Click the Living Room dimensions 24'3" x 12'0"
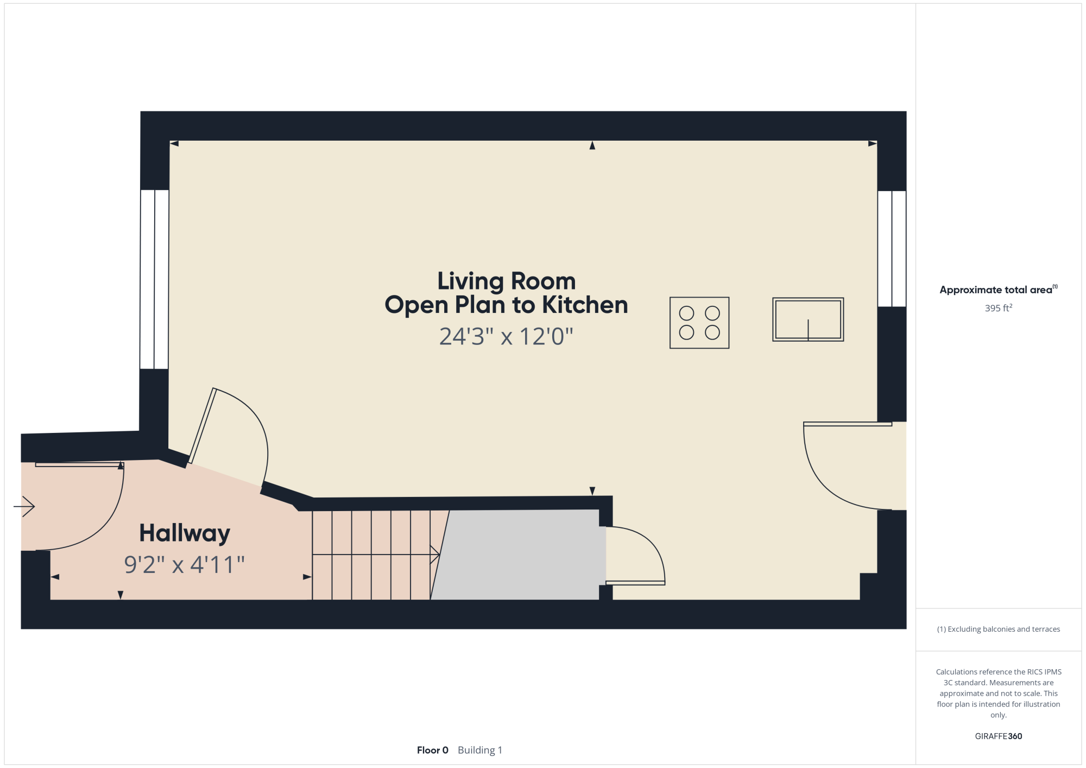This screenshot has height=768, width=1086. click(x=506, y=336)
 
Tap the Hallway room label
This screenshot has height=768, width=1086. click(x=185, y=533)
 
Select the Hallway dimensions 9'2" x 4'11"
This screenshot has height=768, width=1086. click(x=185, y=565)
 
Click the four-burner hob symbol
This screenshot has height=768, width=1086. click(x=699, y=323)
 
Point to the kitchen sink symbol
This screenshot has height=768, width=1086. click(x=808, y=319)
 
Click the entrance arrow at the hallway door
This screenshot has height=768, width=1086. click(x=24, y=507)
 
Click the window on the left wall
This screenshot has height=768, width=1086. click(x=155, y=279)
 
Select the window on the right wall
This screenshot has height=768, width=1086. click(x=892, y=249)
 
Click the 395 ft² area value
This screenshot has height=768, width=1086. click(x=999, y=308)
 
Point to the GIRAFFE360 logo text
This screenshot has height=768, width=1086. click(x=999, y=736)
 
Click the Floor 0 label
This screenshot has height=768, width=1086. click(x=433, y=750)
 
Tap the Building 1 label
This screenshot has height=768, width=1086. click(x=480, y=750)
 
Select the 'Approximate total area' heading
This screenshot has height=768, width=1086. click(x=996, y=290)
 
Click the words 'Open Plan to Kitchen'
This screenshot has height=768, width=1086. click(x=506, y=305)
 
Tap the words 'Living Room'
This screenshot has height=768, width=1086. click(x=506, y=281)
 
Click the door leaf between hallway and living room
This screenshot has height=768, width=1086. click(x=202, y=426)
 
